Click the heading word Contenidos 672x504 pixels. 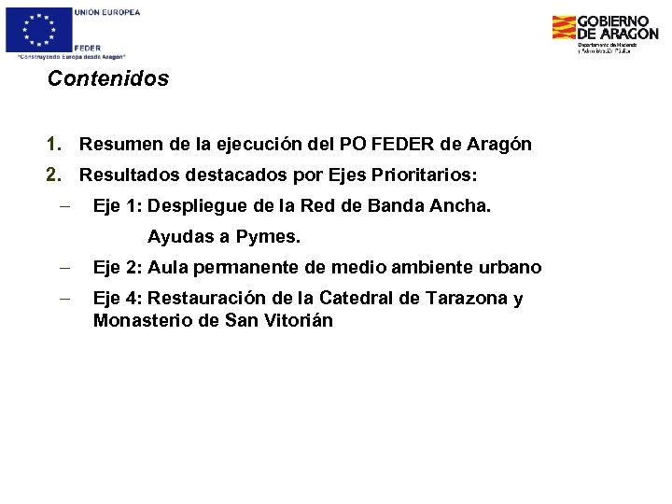[x=108, y=79]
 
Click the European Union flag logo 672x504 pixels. [x=38, y=29]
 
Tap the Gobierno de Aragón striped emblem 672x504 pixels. [x=564, y=28]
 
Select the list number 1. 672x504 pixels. [x=54, y=145]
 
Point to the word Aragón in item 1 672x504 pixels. [x=498, y=145]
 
